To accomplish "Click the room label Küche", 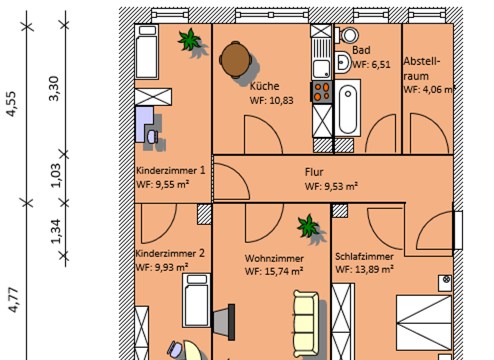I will click(264, 86).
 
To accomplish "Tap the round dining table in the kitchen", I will click(235, 59).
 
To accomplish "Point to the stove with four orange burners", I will click(322, 92).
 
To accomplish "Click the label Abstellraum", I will click(422, 68).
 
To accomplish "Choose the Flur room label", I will click(314, 172).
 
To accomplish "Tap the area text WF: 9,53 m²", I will click(331, 186).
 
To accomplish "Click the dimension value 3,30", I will click(54, 89).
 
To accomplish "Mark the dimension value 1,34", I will click(55, 231).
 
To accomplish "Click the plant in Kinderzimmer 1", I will click(190, 40).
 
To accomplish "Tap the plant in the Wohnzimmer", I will click(308, 226).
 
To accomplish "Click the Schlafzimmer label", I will click(364, 256).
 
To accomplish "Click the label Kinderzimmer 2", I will click(170, 253).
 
